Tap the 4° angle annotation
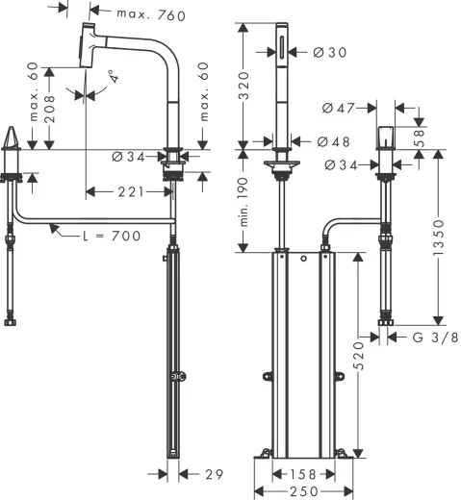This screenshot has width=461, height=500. [x=112, y=75]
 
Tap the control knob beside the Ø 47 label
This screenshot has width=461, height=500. [x=387, y=137]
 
